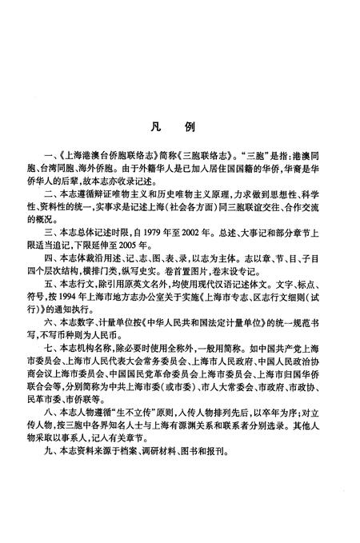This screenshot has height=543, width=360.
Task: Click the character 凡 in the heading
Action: (154, 126)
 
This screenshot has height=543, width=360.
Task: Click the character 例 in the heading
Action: (201, 126)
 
